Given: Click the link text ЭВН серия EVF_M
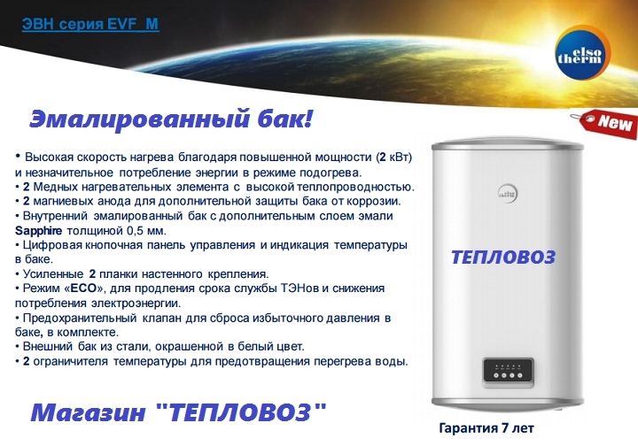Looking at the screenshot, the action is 90,24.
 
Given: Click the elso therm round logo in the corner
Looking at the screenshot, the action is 583,52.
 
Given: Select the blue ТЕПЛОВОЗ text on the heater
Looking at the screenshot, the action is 503,258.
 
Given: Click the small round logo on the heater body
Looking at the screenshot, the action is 508,193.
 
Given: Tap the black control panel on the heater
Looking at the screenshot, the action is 509,371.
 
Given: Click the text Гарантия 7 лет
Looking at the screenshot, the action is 486,427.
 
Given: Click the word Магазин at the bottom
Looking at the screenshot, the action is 88,412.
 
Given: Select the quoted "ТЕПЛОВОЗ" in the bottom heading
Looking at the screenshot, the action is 241,411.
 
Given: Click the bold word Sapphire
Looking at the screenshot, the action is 38,231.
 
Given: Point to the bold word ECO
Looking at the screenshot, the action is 83,288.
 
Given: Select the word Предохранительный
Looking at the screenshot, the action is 80,318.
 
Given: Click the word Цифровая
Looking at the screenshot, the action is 53,245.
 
